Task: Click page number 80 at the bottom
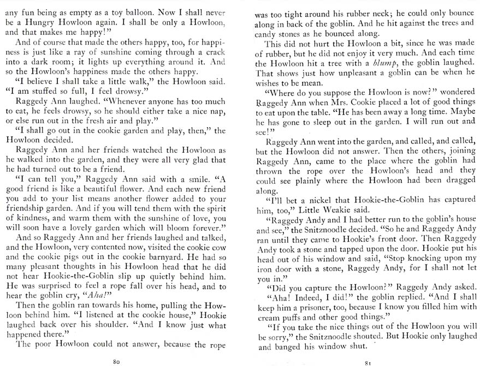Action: click(x=116, y=361)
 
